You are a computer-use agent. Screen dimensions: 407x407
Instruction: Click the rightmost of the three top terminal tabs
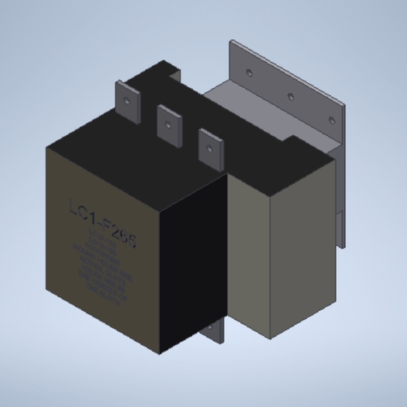click(211, 147)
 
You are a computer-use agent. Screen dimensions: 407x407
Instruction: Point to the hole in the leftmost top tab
click(127, 100)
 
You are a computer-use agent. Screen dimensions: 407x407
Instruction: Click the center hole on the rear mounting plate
click(291, 96)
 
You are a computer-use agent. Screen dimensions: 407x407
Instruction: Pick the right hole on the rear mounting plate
click(331, 119)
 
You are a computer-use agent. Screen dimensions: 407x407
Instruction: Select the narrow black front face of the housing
click(191, 269)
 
